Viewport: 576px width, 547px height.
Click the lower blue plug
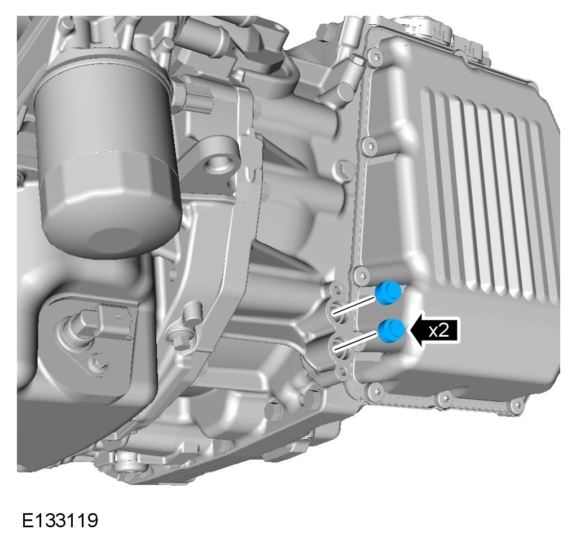(392, 330)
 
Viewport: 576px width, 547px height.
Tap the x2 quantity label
(439, 330)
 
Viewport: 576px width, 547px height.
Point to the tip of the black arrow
(409, 330)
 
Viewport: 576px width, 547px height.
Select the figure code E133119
(60, 520)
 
